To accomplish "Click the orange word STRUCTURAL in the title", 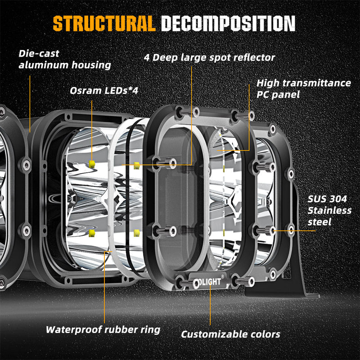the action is click(104, 23).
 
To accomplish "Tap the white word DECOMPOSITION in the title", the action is click(228, 23).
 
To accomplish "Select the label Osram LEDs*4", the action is click(104, 91).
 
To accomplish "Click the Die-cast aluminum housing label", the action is click(65, 59).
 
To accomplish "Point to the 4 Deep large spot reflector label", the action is click(209, 58).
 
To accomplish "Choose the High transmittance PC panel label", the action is click(303, 89).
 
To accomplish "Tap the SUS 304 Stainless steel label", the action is click(329, 211).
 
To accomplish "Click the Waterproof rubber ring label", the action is click(103, 330).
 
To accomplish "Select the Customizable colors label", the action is click(230, 334).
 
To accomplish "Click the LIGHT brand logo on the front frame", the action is click(208, 282).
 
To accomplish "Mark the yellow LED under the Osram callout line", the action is click(92, 164).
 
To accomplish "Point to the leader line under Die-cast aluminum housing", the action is click(30, 104).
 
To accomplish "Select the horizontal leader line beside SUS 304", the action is click(294, 231).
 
